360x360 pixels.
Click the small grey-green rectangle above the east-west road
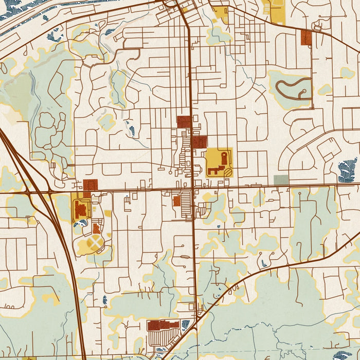point(281,180)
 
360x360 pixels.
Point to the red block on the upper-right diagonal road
point(306,37)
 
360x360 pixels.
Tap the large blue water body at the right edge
point(348,170)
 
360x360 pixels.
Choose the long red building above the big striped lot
point(164,325)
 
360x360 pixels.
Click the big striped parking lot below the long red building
point(164,338)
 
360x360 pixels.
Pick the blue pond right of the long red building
point(186,324)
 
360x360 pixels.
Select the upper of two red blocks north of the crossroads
point(184,122)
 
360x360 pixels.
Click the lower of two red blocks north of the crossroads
point(199,142)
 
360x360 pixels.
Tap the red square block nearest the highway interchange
point(91,185)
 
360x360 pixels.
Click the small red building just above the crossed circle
point(97,228)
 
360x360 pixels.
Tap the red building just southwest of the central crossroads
point(177,201)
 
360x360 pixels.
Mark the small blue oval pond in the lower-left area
point(105,299)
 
